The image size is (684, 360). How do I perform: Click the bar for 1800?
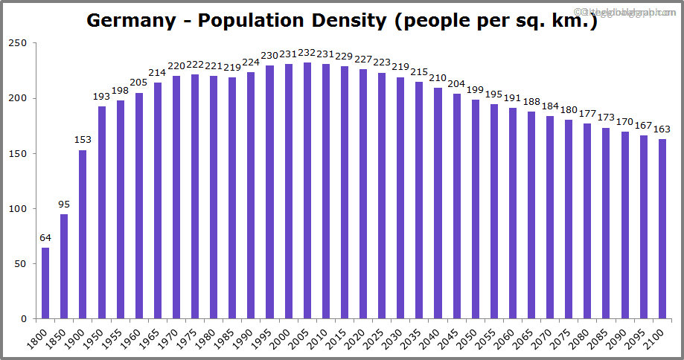coord(45,283)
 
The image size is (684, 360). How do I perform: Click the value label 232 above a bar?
coord(307,54)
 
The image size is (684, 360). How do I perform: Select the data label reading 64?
coord(45,238)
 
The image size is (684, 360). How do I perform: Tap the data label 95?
coord(64,205)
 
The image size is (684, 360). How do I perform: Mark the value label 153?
coord(83,141)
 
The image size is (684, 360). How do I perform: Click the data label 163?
coord(662,129)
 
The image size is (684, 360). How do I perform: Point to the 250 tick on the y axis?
coord(19,44)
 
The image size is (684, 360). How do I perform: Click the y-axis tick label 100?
coord(19,209)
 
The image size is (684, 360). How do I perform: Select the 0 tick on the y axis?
coord(25,319)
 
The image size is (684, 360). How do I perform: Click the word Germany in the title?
coord(130,20)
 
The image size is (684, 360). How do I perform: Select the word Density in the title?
coord(348,20)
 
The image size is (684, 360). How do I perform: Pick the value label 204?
coord(457,84)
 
